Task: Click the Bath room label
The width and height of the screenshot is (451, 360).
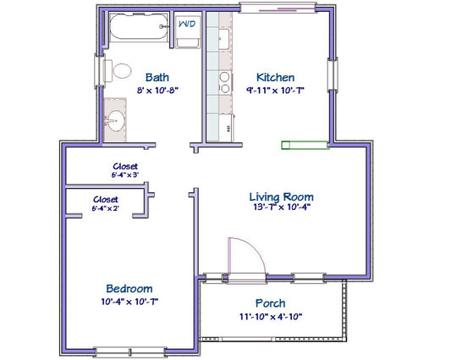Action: point(157,77)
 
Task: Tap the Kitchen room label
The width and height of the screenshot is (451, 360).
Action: point(275,77)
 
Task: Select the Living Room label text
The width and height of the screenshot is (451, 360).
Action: point(281,197)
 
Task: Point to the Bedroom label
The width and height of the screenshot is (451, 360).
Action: point(129,289)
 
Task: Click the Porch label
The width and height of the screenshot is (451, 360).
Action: point(271,303)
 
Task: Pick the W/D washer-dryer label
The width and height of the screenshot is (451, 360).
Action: point(187,24)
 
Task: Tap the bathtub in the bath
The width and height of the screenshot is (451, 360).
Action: point(139,26)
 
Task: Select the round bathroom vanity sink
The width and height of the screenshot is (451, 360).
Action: point(115,121)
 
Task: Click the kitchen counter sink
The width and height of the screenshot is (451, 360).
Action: point(223,39)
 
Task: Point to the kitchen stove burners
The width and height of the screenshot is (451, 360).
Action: point(224,82)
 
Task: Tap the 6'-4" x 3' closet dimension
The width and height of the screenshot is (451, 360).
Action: point(125,174)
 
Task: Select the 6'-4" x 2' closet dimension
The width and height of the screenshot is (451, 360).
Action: point(106,208)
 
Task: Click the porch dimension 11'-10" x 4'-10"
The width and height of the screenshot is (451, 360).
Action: point(271,317)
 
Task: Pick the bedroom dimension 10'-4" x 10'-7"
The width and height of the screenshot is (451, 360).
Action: point(129,302)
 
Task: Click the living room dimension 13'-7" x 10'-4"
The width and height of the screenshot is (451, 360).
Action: point(282,207)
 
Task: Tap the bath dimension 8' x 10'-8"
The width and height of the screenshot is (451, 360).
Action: point(157,91)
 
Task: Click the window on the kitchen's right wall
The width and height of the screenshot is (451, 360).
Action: point(333,74)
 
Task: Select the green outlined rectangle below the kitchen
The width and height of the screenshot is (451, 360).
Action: point(305,145)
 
